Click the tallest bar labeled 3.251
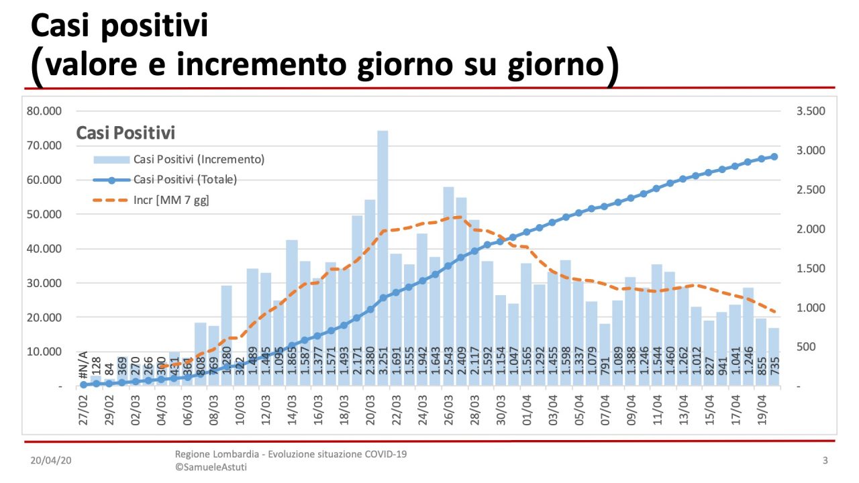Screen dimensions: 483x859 click(383, 255)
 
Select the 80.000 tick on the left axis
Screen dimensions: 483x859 click(43, 111)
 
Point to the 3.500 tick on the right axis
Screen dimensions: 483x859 click(811, 111)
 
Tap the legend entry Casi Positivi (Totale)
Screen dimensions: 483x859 click(185, 180)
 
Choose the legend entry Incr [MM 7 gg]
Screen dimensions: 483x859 click(171, 200)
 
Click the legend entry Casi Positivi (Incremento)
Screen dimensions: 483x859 click(199, 160)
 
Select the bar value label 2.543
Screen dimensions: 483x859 click(448, 366)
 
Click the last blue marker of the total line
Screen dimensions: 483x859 click(774, 157)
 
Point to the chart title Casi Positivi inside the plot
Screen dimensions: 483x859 click(125, 133)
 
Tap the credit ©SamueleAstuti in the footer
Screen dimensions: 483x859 click(211, 467)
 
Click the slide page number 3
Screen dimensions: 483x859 click(825, 461)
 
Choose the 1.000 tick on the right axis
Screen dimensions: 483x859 click(811, 308)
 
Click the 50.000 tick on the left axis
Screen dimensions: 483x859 click(43, 215)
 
